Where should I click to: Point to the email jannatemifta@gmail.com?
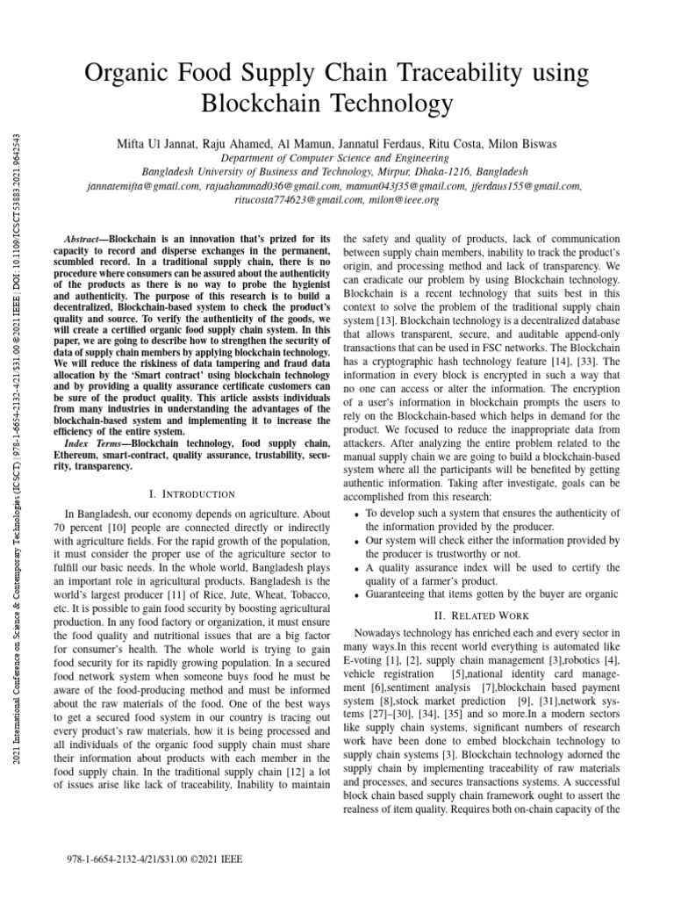pyautogui.click(x=145, y=185)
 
